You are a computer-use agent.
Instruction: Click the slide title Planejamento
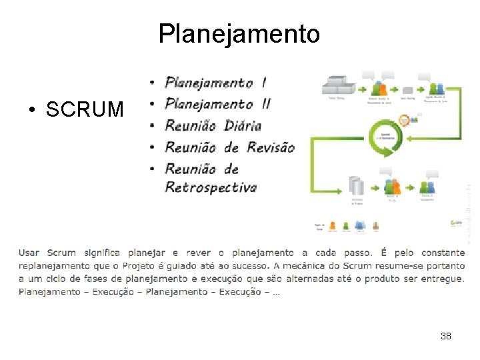pyautogui.click(x=239, y=33)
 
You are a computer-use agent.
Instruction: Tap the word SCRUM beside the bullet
pyautogui.click(x=85, y=109)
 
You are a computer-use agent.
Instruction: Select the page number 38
pyautogui.click(x=446, y=336)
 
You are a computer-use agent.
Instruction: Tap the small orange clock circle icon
pyautogui.click(x=404, y=119)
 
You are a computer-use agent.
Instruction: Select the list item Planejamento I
pyautogui.click(x=215, y=83)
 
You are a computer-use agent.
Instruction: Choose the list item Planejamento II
pyautogui.click(x=217, y=103)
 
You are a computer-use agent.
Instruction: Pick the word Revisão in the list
pyautogui.click(x=271, y=147)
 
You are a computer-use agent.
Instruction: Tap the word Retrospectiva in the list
pyautogui.click(x=210, y=187)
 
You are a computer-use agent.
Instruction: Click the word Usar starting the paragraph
pyautogui.click(x=29, y=253)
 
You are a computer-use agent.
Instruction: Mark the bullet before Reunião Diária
pyautogui.click(x=153, y=125)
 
